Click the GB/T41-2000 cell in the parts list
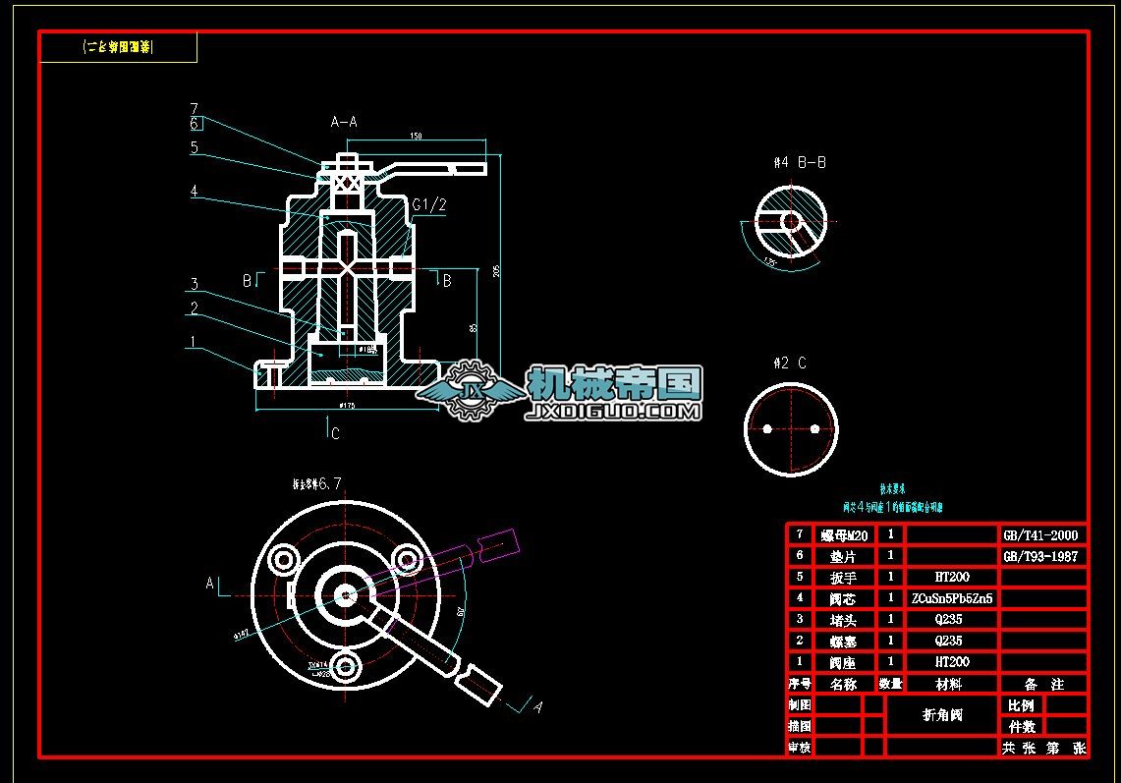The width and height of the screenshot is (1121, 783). coord(1040,535)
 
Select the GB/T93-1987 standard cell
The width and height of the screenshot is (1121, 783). coord(1040,556)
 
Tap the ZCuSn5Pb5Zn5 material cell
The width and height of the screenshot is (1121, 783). coord(951,598)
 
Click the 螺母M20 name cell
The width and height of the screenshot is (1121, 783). coord(844,535)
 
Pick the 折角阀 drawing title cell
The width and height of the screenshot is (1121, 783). coord(942,715)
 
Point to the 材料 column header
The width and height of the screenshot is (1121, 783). coord(949,684)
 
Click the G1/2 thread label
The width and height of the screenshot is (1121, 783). coord(429,204)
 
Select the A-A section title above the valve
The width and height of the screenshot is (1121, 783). coord(344,122)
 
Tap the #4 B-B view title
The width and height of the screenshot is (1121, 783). coord(799,162)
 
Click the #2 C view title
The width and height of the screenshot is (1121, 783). coord(790,364)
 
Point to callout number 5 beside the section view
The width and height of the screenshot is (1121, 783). coord(195,147)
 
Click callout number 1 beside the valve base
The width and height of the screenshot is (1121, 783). coord(194,342)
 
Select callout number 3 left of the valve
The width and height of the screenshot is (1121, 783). coord(195,285)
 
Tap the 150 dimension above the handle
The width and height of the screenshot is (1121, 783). coord(417,137)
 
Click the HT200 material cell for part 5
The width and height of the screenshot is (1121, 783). coord(951,578)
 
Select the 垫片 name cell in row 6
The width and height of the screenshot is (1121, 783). coord(844,556)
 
